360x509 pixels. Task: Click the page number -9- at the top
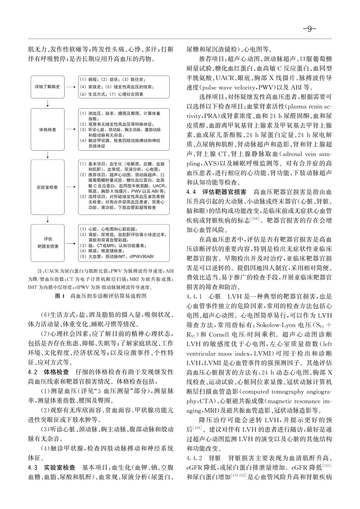[310, 29]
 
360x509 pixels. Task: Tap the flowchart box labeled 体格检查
[48, 130]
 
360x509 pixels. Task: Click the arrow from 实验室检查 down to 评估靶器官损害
[48, 220]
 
